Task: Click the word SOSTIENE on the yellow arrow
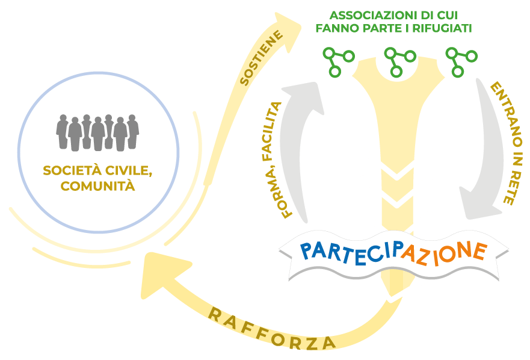261,58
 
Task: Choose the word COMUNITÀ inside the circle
97,186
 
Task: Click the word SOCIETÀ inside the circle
72,170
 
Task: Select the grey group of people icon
97,132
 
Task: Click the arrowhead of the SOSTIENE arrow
288,31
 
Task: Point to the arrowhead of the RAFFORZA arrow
163,274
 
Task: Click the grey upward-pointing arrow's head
303,97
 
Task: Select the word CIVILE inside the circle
129,170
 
